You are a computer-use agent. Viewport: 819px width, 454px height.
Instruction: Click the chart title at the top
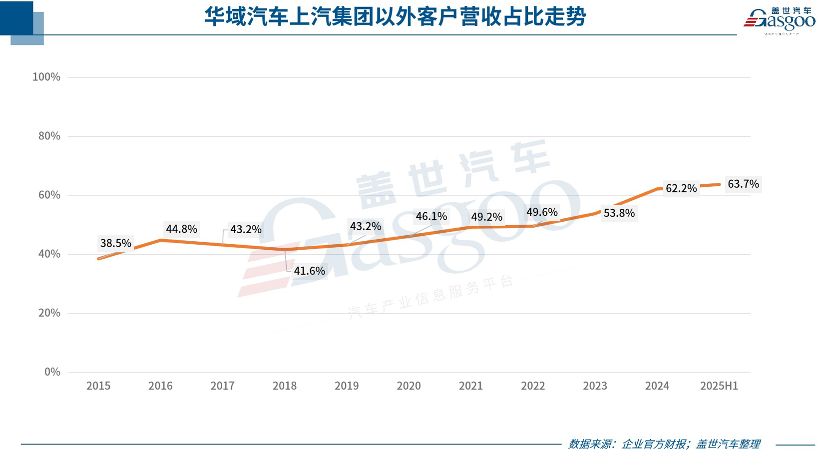395,17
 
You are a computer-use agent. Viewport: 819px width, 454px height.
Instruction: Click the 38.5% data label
115,243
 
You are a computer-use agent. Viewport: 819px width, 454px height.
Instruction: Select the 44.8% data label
181,229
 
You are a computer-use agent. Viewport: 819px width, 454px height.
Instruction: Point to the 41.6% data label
309,271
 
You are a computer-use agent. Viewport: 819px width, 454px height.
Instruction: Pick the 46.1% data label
431,216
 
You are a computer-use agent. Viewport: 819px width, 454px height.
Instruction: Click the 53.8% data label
619,213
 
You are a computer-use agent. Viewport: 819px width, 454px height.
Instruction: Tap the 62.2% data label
681,188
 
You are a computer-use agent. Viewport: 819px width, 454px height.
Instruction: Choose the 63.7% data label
743,184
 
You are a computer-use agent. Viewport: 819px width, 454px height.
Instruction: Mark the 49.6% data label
542,212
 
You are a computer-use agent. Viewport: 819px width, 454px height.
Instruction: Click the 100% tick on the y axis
46,77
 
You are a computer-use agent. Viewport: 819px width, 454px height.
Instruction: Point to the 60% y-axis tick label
49,195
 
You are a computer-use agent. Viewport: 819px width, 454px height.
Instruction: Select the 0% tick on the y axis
52,372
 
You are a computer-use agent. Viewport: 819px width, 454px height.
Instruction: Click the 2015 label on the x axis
98,386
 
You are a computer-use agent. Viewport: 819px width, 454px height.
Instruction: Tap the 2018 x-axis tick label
285,386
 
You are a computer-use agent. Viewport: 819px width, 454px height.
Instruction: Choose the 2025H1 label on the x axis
719,386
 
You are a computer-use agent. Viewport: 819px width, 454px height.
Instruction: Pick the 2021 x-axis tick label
471,386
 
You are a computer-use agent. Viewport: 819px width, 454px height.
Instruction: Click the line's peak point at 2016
160,240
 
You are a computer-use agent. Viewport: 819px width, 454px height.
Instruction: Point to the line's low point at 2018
285,249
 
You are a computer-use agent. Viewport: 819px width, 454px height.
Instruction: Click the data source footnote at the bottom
664,444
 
